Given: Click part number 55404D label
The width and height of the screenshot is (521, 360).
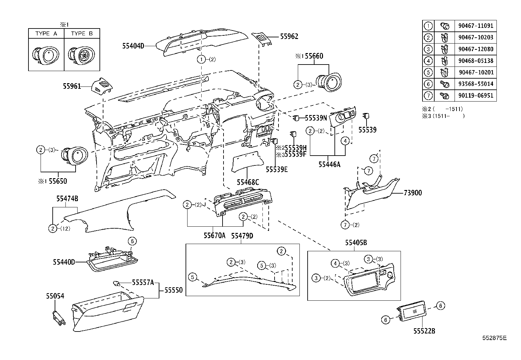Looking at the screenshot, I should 133,46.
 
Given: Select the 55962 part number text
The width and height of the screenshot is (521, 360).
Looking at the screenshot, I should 289,36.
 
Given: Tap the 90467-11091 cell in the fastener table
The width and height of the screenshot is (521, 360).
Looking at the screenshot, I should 476,26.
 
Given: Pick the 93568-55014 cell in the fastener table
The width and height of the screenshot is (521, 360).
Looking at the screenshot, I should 476,84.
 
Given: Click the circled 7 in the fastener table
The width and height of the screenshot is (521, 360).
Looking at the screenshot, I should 428,96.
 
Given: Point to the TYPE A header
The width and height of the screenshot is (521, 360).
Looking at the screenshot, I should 46,33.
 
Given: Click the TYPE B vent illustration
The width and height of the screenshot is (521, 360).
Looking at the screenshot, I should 81,54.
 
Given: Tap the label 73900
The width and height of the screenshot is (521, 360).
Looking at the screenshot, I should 412,193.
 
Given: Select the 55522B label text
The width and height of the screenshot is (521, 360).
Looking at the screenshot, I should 424,331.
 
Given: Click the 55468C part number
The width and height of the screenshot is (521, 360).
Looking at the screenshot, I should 248,182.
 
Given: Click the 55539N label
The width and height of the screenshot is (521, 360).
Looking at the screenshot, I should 316,118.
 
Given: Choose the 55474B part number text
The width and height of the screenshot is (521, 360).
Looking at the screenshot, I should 67,199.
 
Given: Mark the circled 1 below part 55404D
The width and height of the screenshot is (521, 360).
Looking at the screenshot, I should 202,59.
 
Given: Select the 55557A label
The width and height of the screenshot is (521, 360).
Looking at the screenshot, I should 143,282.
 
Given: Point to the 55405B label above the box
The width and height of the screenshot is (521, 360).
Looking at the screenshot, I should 355,243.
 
